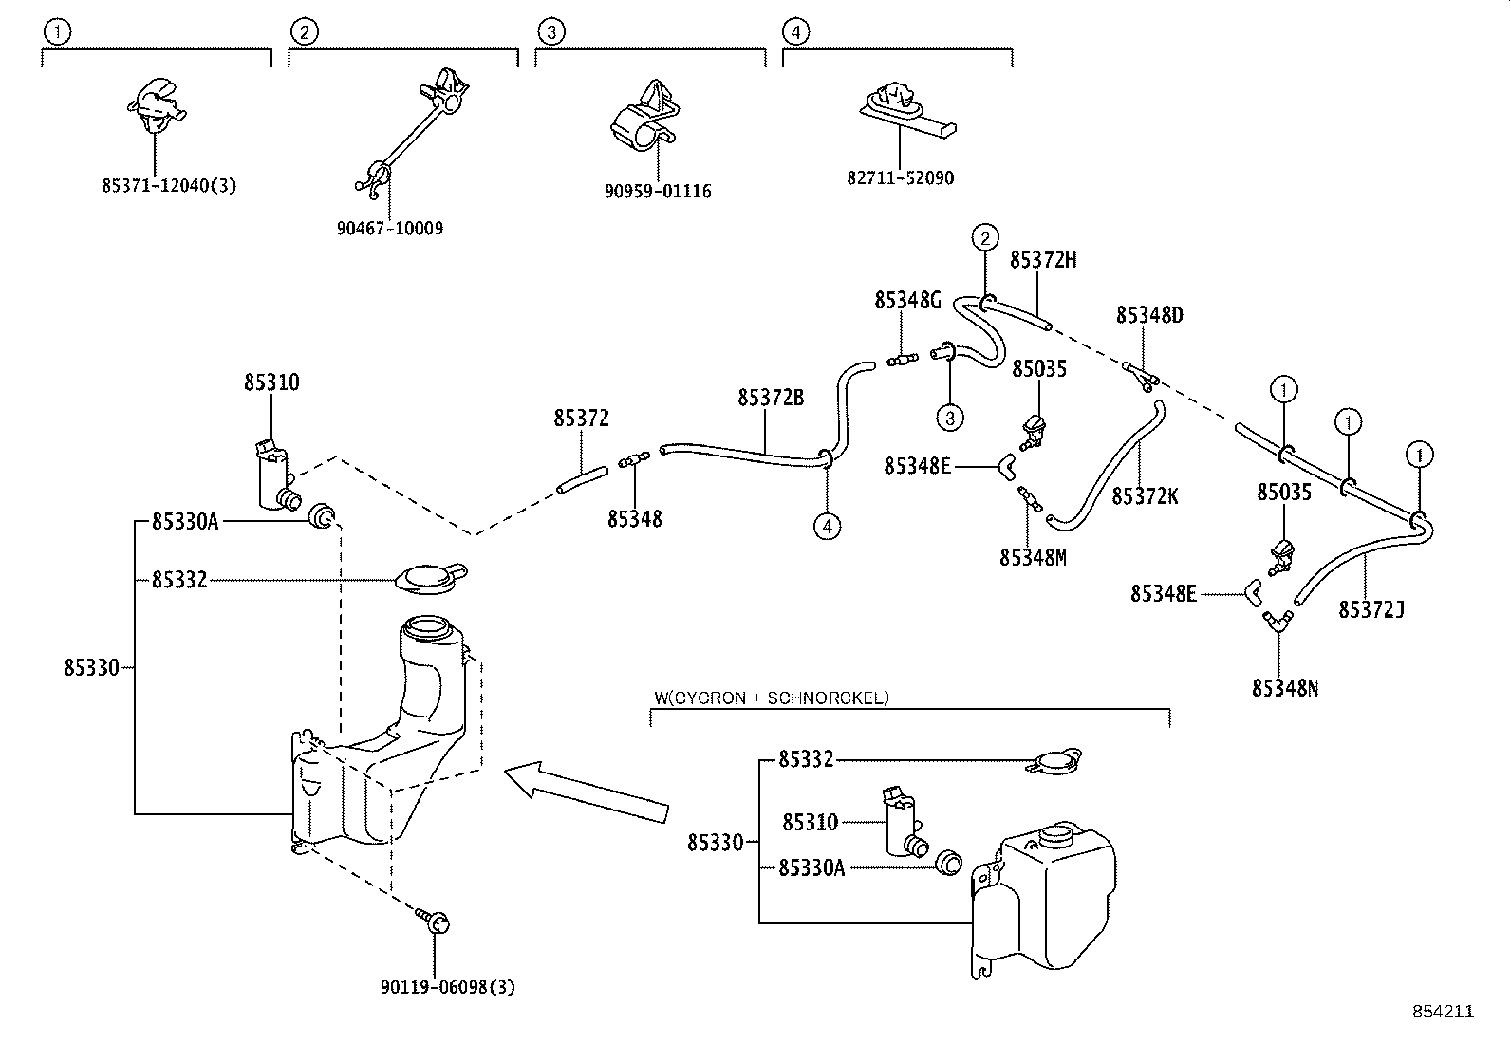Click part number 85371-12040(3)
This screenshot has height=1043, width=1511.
coord(168,186)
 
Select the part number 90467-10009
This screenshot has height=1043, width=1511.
coord(389,229)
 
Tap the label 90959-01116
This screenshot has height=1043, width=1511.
coord(657,191)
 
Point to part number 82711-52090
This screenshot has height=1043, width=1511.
coord(900,177)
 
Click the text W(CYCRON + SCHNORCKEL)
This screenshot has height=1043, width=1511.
coord(771,698)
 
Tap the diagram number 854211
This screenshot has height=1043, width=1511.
coord(1441,1013)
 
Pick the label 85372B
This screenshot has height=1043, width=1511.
coord(770,398)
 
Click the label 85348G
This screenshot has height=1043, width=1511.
coord(907,301)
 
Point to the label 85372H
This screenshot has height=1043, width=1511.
coord(1042,260)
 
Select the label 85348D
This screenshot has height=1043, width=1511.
coord(1148,315)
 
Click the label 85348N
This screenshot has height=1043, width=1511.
coord(1284,688)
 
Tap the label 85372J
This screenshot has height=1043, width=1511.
coord(1371,609)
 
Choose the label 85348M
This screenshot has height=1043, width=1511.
coord(1032,557)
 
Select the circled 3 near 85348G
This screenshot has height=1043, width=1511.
coord(949,416)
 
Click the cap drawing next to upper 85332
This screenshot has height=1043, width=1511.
coord(430,578)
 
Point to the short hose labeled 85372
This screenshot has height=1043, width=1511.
coord(581,478)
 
